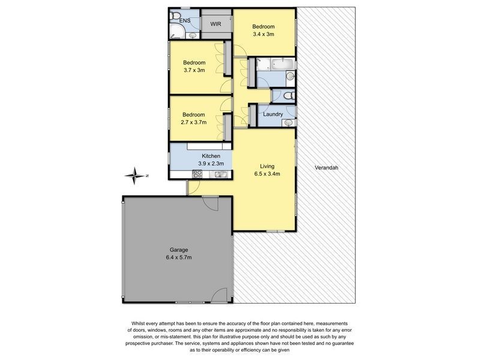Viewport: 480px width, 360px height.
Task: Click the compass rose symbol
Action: (136, 176)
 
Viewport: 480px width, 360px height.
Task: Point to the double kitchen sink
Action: (220, 174)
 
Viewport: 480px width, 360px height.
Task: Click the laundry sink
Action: (287, 122)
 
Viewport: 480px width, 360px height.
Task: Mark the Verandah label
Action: (326, 168)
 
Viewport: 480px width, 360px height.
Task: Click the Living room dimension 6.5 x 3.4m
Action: (267, 174)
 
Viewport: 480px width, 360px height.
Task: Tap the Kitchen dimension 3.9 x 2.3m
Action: (211, 163)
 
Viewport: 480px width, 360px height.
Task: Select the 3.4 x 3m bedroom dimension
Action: (263, 34)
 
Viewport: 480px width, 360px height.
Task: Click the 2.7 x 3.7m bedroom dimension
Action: (194, 122)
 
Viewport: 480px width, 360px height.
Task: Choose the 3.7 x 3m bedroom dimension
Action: (194, 70)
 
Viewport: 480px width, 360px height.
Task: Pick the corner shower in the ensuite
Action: (176, 32)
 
